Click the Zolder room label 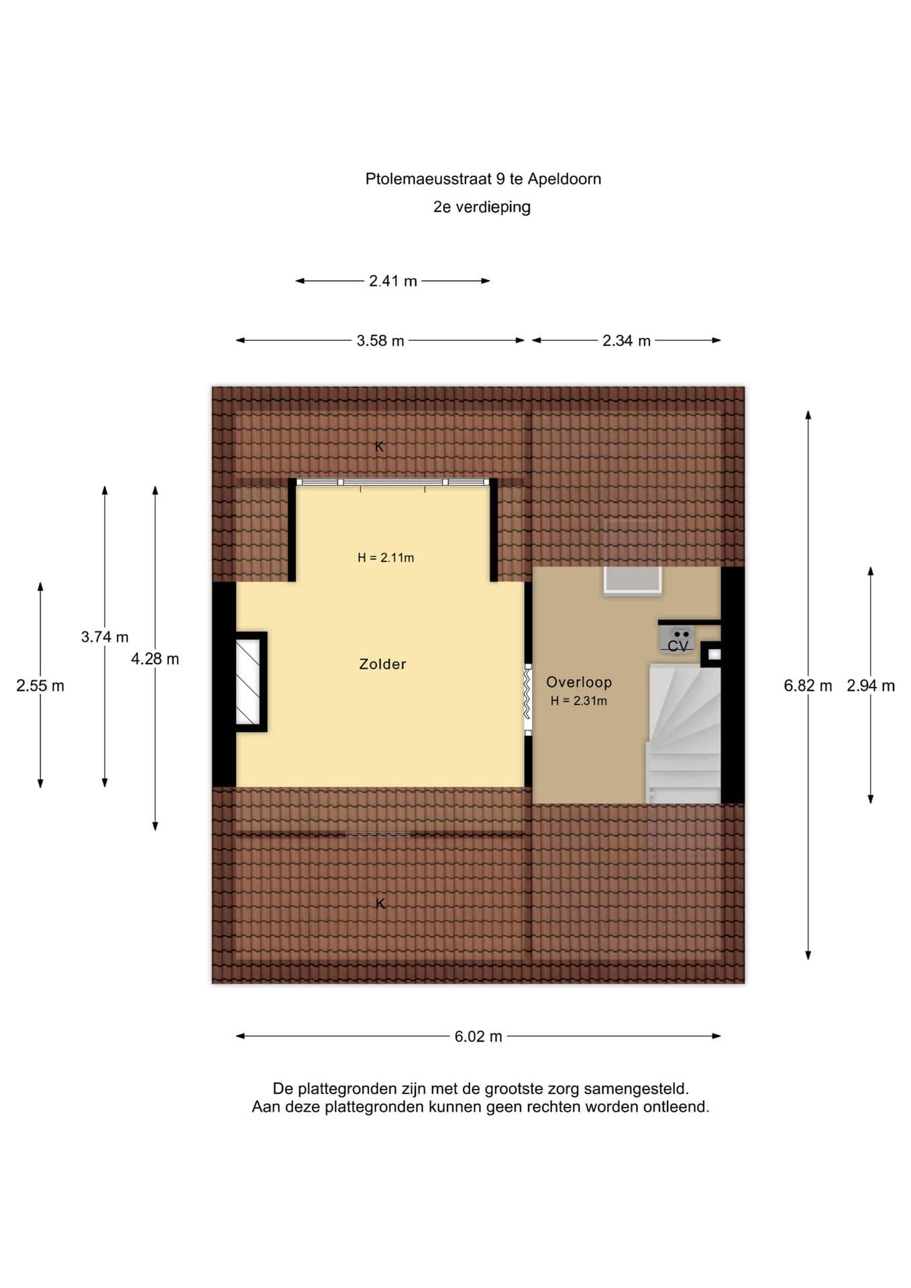382,664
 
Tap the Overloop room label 579,682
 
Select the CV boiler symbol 678,638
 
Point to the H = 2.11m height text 386,557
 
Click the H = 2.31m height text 579,701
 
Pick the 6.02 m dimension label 478,1036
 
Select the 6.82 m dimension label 808,686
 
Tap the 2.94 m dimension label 871,686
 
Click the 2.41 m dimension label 393,281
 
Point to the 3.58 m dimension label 380,341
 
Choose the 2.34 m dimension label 627,341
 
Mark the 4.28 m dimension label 155,659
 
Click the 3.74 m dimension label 105,637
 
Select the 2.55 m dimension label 40,686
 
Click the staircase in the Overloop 684,733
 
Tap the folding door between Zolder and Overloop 528,700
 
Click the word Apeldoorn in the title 565,179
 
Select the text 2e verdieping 482,207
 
